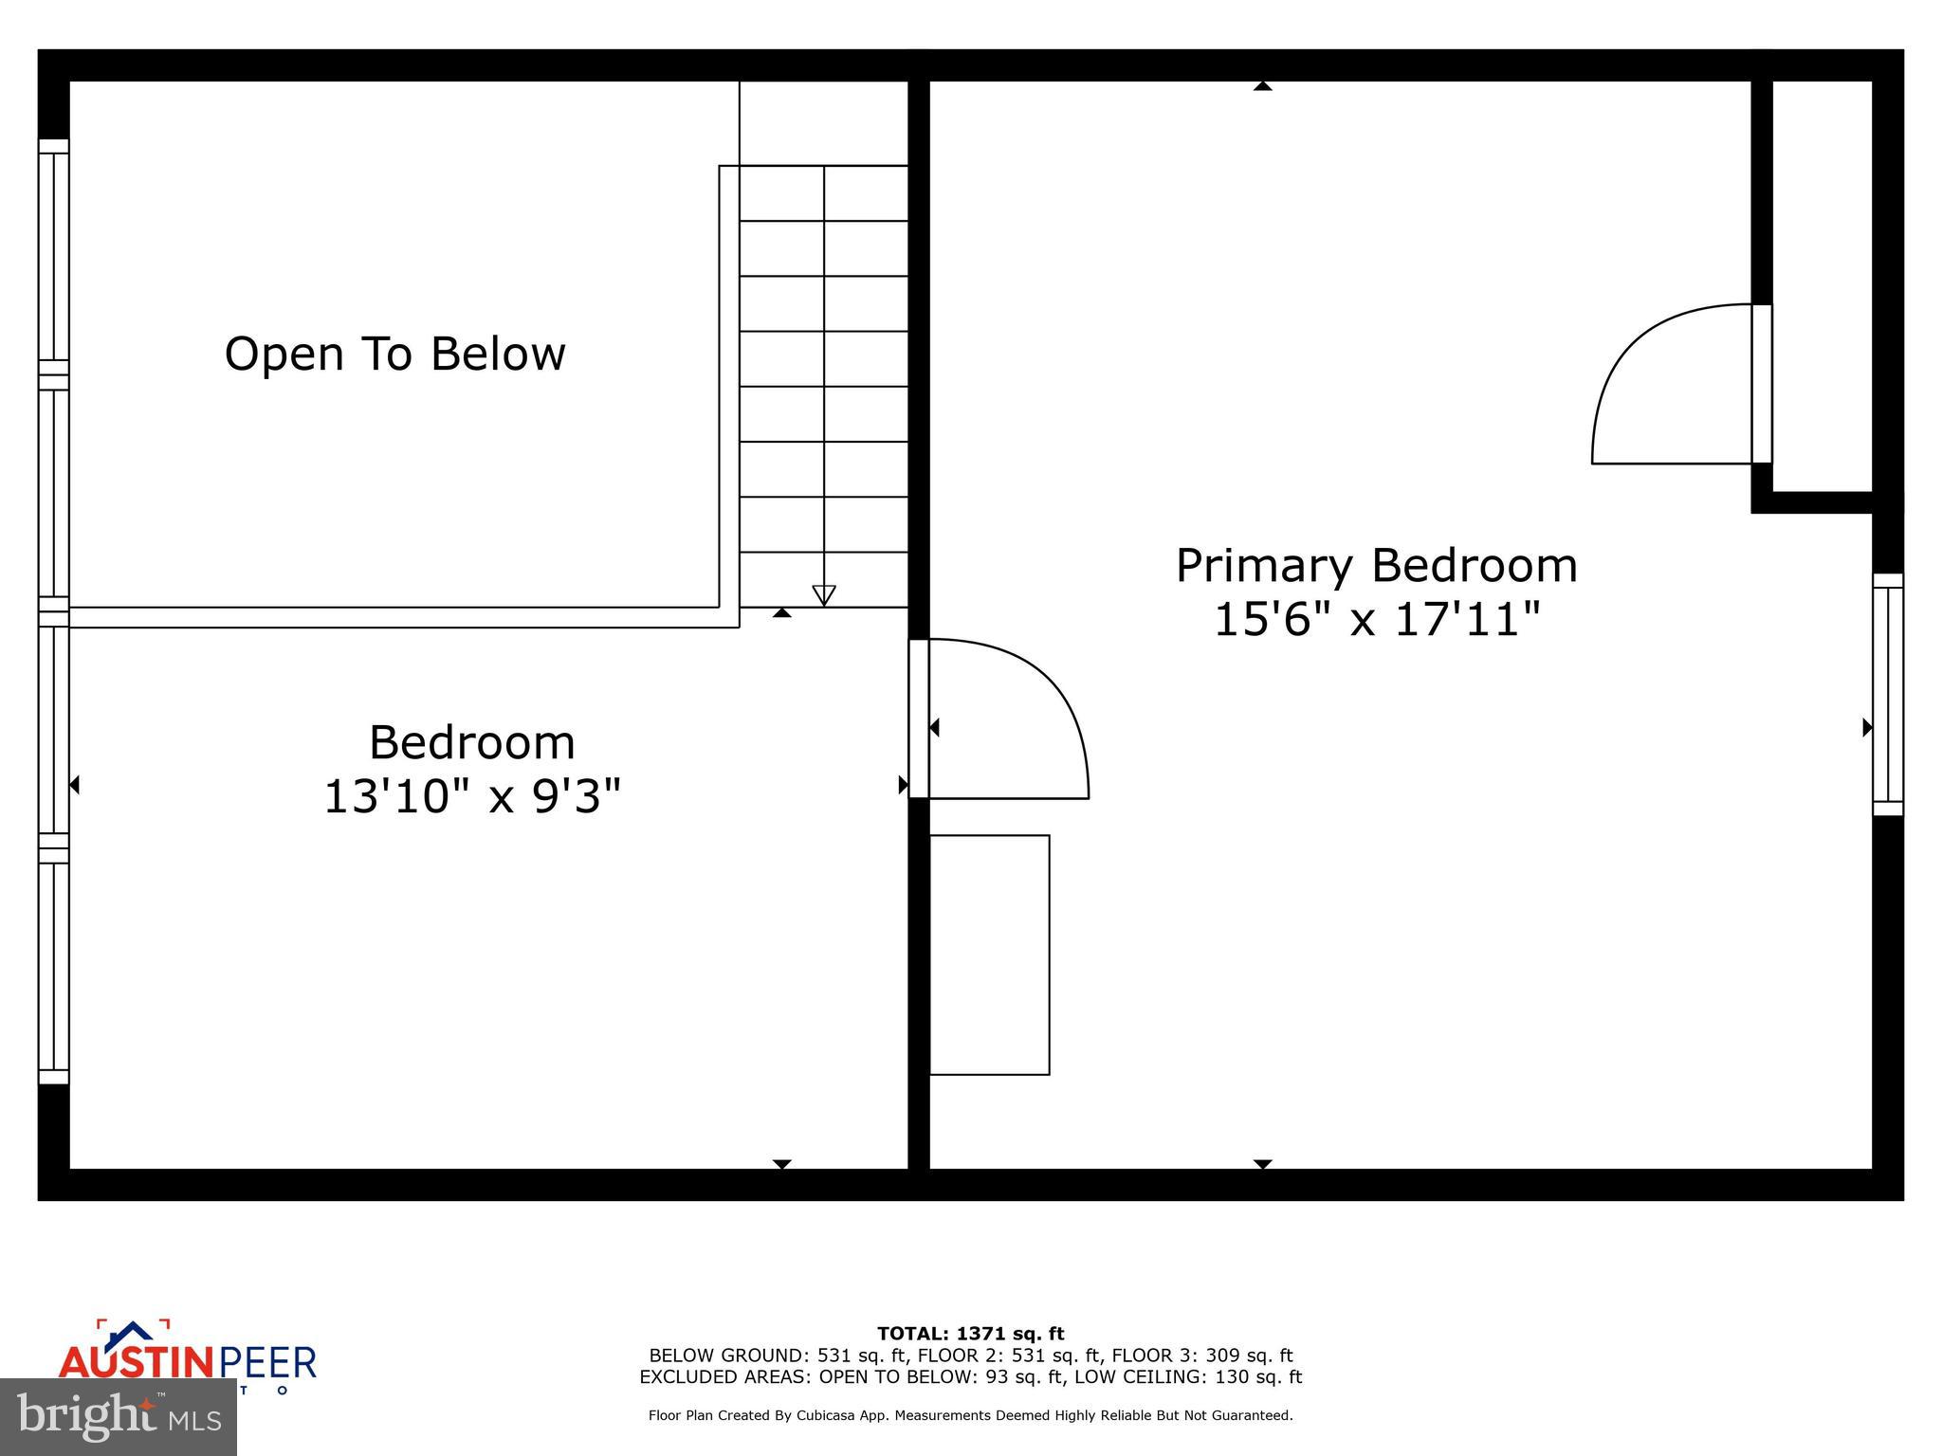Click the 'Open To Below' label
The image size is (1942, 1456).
[x=394, y=354]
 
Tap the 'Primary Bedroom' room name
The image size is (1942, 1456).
[x=1376, y=566]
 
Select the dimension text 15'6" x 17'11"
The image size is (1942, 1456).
[x=1376, y=621]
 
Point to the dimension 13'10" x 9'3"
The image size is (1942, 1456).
[x=472, y=796]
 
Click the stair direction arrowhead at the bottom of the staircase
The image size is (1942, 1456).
[x=824, y=595]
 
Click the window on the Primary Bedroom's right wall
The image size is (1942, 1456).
[x=1887, y=695]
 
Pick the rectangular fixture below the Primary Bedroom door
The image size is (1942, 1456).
[x=989, y=955]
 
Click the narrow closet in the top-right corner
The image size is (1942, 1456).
[x=1822, y=285]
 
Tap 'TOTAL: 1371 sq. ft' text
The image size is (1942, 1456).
[x=970, y=1334]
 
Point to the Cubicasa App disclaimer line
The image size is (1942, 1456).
[x=970, y=1415]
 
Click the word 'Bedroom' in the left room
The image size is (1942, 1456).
[x=472, y=742]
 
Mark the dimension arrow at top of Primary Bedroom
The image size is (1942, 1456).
[x=1262, y=86]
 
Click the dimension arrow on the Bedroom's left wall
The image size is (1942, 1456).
[x=74, y=785]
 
